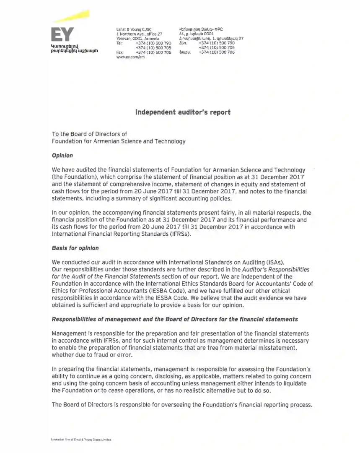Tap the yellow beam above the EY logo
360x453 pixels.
click(x=69, y=17)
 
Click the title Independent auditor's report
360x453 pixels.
click(x=183, y=112)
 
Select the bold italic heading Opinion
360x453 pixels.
click(x=62, y=156)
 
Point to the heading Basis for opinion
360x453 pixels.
click(x=75, y=248)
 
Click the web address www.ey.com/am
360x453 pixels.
click(x=130, y=57)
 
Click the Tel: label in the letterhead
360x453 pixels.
click(x=119, y=43)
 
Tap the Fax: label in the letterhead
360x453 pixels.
click(x=120, y=52)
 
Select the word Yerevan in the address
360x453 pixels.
click(x=124, y=39)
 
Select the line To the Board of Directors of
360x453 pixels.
click(x=89, y=134)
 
